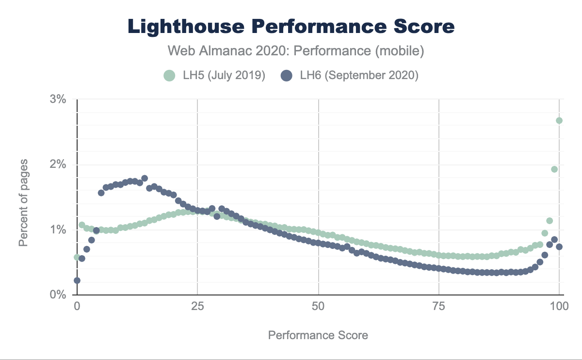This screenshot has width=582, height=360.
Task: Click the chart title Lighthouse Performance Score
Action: pos(291,27)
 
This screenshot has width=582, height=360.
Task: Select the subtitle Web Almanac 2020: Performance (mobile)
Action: pos(291,50)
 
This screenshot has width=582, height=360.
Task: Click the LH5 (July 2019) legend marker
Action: pos(169,76)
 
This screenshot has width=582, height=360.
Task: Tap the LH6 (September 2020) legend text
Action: pos(359,76)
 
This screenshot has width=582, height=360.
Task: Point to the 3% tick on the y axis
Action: pos(58,99)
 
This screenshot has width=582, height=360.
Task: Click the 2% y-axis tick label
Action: pos(58,164)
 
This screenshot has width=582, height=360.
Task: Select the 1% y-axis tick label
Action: pos(58,229)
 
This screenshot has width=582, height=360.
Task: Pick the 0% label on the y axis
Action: pos(58,295)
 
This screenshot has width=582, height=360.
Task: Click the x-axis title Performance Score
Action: pos(318,335)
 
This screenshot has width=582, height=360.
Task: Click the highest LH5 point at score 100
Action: pos(559,120)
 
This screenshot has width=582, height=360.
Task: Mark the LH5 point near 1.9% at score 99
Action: pos(554,169)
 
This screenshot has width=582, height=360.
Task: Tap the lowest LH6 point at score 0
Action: pos(77,280)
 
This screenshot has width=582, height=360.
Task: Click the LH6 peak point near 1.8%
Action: pos(145,179)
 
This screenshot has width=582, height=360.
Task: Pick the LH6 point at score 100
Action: pos(559,246)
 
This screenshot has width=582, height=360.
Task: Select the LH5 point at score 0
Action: pos(77,257)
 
